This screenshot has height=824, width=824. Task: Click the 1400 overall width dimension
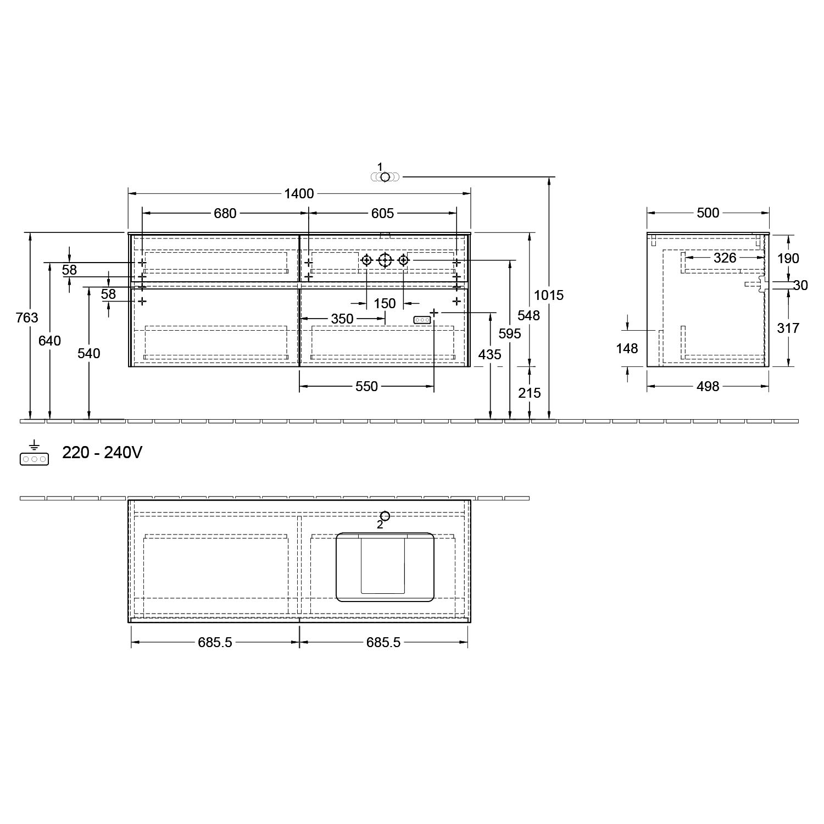tap(299, 193)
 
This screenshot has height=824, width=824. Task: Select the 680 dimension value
tap(225, 213)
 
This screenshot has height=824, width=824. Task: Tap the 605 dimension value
tap(382, 213)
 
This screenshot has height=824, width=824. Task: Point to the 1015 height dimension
tap(549, 296)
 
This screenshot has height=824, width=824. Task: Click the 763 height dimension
tap(27, 318)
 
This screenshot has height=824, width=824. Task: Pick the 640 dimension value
tap(49, 341)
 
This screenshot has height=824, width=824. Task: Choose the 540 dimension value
tap(88, 353)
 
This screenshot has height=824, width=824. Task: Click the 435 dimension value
tap(489, 355)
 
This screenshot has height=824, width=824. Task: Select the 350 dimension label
tap(342, 319)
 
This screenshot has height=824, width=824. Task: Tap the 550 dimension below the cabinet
tap(366, 387)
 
